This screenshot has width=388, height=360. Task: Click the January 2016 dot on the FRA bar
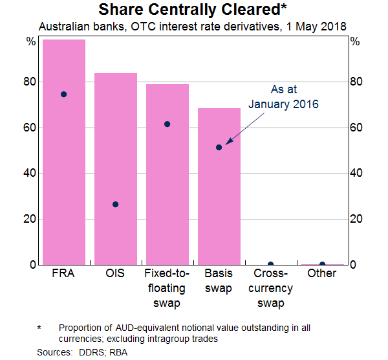64,94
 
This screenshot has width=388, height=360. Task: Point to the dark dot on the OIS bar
116,204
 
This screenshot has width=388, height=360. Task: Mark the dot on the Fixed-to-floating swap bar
167,124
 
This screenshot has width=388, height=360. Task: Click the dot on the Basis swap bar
219,147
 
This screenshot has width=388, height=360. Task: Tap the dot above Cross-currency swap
271,264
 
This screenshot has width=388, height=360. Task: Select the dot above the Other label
323,264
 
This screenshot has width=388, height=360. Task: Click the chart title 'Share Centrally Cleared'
194,10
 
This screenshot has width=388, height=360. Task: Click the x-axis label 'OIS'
116,273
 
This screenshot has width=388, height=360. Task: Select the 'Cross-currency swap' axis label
271,288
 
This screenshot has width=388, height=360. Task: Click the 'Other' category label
322,273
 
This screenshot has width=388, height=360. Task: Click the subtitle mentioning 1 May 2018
194,27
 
